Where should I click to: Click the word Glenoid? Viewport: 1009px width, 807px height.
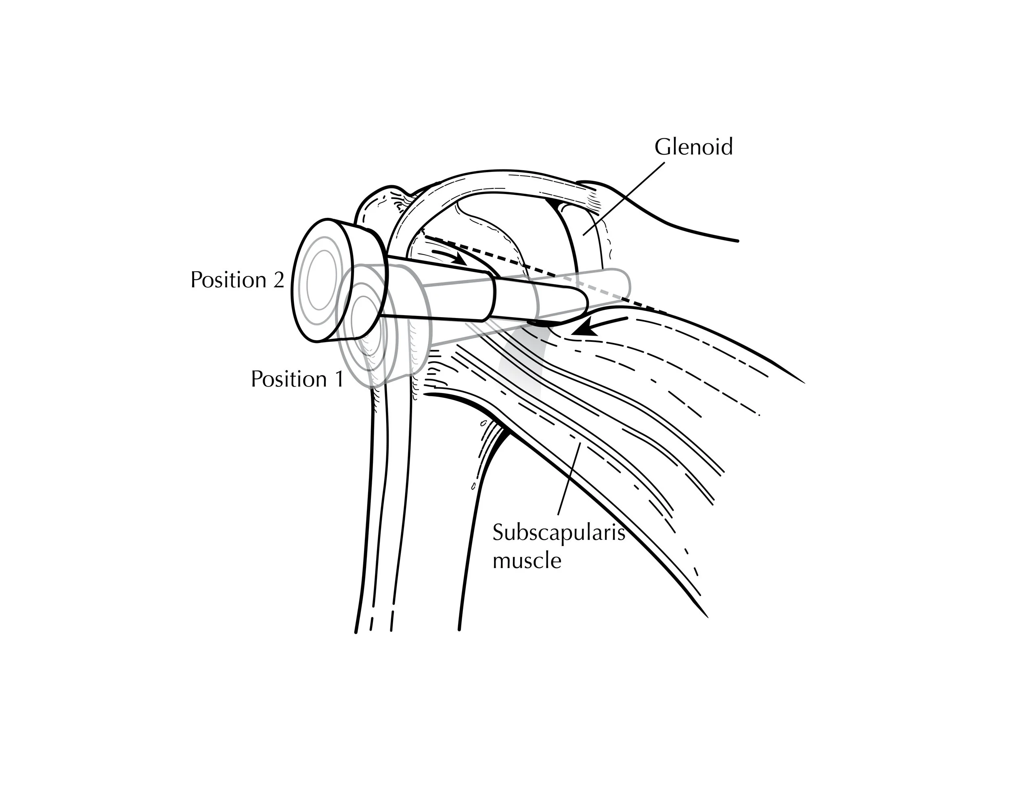point(693,147)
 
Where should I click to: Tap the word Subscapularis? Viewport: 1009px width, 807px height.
point(558,532)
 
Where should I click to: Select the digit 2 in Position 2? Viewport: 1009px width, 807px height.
point(278,280)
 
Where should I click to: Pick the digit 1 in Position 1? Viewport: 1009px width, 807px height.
point(338,379)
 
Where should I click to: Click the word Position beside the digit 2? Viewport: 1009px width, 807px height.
point(228,280)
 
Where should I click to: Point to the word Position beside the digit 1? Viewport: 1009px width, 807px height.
point(289,379)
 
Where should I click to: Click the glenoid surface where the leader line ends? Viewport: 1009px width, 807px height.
point(585,232)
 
